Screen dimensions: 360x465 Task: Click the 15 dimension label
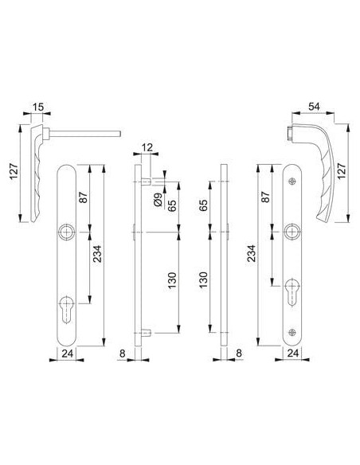38,107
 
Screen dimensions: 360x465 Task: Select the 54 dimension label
315,107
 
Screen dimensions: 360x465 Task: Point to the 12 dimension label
147,147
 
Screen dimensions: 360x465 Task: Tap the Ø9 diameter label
158,200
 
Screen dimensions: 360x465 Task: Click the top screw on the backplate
293,181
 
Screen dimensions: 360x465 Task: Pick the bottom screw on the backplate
292,333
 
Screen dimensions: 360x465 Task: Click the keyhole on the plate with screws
292,291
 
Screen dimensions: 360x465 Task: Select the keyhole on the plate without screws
66,309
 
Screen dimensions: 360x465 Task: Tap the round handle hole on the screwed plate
292,232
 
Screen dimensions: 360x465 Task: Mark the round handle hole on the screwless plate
66,232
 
